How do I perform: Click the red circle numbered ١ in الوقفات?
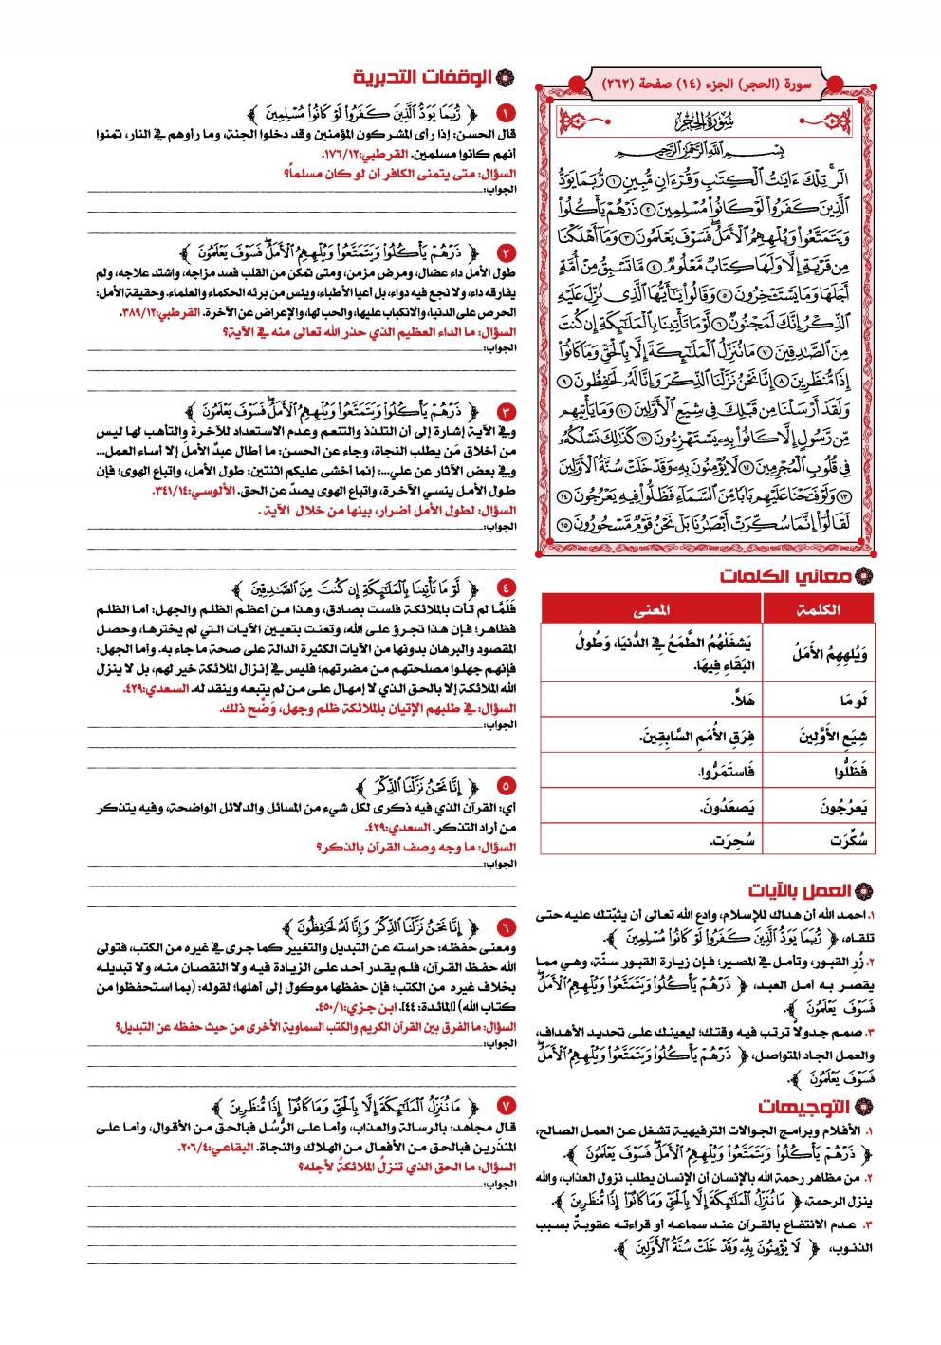point(507,112)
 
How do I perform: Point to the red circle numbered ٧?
point(507,1106)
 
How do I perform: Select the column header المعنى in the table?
point(652,609)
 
